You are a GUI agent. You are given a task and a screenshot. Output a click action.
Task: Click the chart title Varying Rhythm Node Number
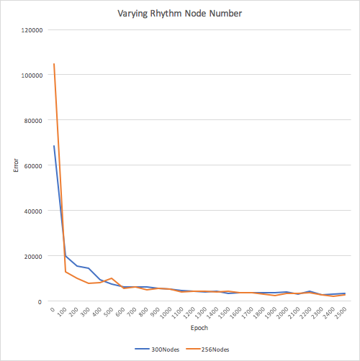pos(179,14)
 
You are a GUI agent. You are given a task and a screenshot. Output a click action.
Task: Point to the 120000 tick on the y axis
pos(32,30)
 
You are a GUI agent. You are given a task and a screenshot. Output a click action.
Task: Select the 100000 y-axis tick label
pos(32,76)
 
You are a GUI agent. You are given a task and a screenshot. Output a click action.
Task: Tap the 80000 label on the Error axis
pos(33,121)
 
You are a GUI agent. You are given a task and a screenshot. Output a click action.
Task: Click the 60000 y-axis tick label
pos(33,166)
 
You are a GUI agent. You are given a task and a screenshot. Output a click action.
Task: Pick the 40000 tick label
pos(33,211)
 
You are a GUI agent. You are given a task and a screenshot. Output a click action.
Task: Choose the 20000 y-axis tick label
pos(33,257)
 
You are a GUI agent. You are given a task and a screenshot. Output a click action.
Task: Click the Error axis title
pos(16,165)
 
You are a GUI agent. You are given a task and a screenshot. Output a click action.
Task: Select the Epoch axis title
pos(199,328)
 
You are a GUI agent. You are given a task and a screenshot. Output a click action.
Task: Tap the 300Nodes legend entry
pos(157,349)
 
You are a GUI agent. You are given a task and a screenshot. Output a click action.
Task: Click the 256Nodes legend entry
pos(207,349)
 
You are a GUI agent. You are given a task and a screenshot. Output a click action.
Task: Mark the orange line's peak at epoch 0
pos(54,64)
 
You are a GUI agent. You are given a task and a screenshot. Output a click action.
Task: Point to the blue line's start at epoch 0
pos(54,145)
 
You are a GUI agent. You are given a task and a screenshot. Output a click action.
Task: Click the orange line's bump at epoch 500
pos(112,278)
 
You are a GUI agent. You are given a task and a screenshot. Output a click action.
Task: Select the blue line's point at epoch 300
pos(89,268)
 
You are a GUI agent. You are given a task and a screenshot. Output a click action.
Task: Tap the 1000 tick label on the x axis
pos(166,313)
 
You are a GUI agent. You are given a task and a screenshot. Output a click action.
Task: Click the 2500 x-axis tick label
pos(341,313)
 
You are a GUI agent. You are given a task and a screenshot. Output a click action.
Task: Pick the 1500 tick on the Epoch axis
pos(224,313)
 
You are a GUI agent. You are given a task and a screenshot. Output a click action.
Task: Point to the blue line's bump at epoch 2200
pos(310,291)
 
